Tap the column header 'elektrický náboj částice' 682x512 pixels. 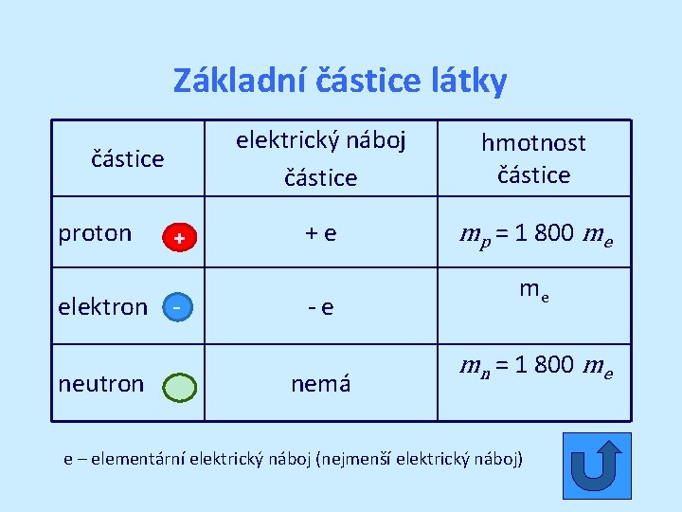coord(320,158)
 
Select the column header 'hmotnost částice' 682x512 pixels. coord(533,158)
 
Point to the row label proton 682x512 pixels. coord(95,233)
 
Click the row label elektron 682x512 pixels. coord(102,306)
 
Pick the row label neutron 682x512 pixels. coord(101,383)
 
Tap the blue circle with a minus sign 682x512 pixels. coord(177,306)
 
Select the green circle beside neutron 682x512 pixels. coord(179,387)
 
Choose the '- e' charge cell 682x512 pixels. coord(320,307)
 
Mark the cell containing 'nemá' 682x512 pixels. coord(320,383)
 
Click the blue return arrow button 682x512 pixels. coord(596,466)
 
